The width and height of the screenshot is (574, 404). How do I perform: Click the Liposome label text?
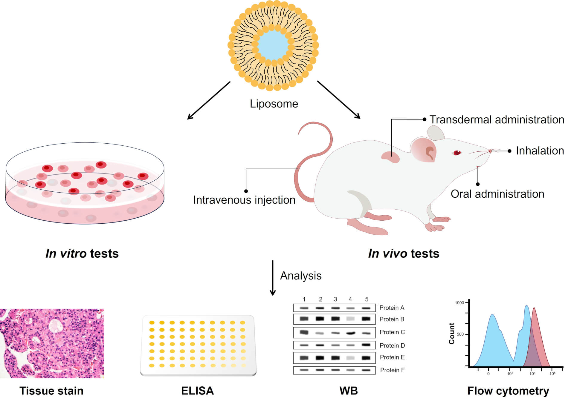tap(274, 104)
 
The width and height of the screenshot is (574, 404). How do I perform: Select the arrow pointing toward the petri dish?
tap(209, 100)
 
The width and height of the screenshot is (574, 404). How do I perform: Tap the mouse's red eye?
tap(457, 153)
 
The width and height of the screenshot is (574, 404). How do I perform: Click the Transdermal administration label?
tap(497, 119)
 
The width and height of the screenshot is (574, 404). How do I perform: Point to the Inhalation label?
tap(540, 151)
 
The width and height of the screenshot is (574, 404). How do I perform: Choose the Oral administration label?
tap(497, 194)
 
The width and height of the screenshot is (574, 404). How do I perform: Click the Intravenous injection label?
tap(244, 200)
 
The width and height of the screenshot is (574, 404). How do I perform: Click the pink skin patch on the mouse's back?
tap(391, 156)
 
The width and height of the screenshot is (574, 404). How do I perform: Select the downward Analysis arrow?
tap(273, 278)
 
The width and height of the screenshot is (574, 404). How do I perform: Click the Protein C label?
tap(392, 332)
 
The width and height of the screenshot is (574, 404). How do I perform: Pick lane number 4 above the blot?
tap(350, 299)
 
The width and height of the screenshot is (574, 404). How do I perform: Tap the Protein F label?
tap(392, 370)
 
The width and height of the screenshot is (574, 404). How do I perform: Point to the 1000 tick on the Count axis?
tap(459, 303)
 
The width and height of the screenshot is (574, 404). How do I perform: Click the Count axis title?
tap(451, 333)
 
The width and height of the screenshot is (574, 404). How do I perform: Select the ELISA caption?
tap(197, 391)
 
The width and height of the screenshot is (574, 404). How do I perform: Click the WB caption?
tap(348, 391)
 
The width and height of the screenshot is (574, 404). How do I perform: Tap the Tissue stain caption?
tap(51, 391)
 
